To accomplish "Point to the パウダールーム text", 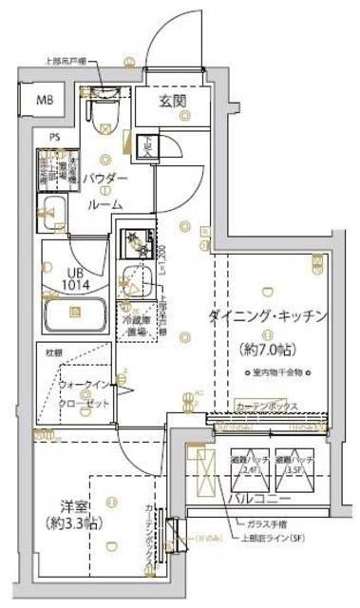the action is [104, 190].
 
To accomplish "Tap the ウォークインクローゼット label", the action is [84, 393].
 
